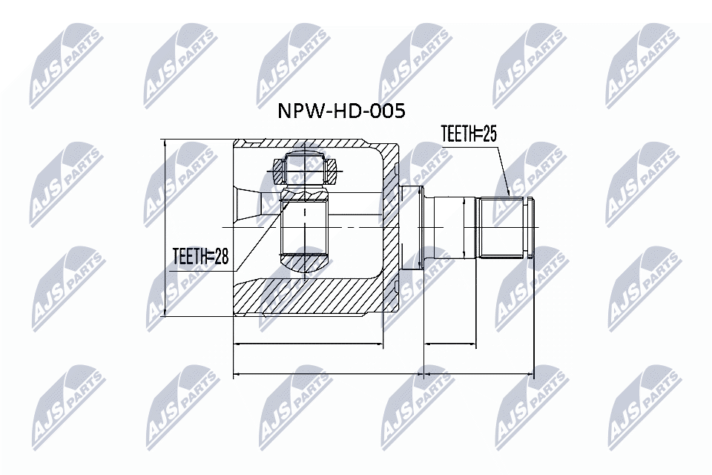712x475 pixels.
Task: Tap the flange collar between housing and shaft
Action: tap(412, 226)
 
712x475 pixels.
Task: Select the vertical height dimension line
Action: tap(165, 226)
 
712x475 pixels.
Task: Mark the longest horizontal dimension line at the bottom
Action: tap(383, 375)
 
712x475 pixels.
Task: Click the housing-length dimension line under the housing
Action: tap(308, 345)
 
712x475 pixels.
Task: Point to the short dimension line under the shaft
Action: tap(449, 345)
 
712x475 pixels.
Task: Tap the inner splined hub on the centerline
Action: tap(305, 226)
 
